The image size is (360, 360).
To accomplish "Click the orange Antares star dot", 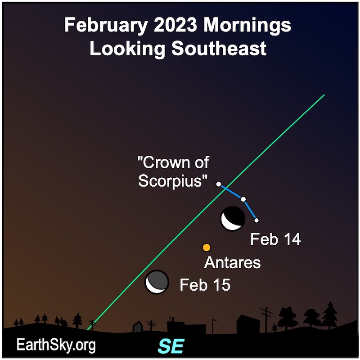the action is point(207,247).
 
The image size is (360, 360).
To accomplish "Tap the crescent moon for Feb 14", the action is point(233,219).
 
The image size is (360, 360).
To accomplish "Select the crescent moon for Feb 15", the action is point(157,282).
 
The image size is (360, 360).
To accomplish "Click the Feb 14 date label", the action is point(275,239).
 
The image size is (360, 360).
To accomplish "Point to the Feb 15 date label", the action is point(205,285).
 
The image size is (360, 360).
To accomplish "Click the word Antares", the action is point(232,262).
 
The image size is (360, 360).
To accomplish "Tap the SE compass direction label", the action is point(171,346).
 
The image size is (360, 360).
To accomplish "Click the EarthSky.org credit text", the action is point(56,345).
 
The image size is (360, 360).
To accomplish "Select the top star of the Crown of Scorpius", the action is point(219,184).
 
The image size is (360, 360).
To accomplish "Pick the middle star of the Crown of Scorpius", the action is point(243,199).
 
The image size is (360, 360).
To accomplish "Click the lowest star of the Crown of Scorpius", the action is point(256,220).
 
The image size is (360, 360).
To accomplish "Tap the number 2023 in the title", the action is point(175,25).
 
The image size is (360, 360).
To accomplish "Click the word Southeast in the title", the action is point(219,49).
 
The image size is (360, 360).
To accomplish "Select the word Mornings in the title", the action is point(247,26).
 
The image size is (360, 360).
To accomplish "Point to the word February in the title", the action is point(106,26).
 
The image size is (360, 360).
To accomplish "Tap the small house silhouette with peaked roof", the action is point(138,327).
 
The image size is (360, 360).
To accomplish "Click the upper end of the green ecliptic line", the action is point(324,94).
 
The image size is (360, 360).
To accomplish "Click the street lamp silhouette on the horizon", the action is point(213,326).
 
